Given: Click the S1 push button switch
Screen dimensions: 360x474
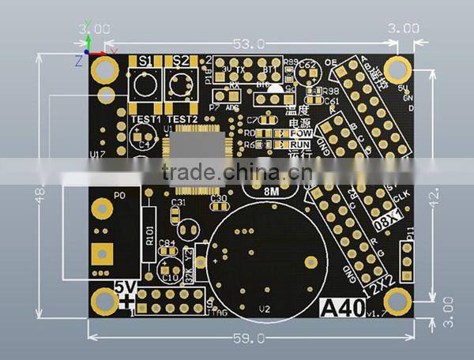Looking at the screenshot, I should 145,84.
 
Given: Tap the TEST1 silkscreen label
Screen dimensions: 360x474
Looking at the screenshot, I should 146,118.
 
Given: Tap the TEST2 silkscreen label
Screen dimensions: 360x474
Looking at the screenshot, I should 182,118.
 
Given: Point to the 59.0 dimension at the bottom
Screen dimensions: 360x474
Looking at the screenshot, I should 250,339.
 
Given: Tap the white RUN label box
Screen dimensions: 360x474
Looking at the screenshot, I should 300,144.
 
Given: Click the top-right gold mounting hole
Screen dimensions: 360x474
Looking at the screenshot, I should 397,71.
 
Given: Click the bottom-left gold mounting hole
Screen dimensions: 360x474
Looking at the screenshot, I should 103,300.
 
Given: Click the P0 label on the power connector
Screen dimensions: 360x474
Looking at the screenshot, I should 120,194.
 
